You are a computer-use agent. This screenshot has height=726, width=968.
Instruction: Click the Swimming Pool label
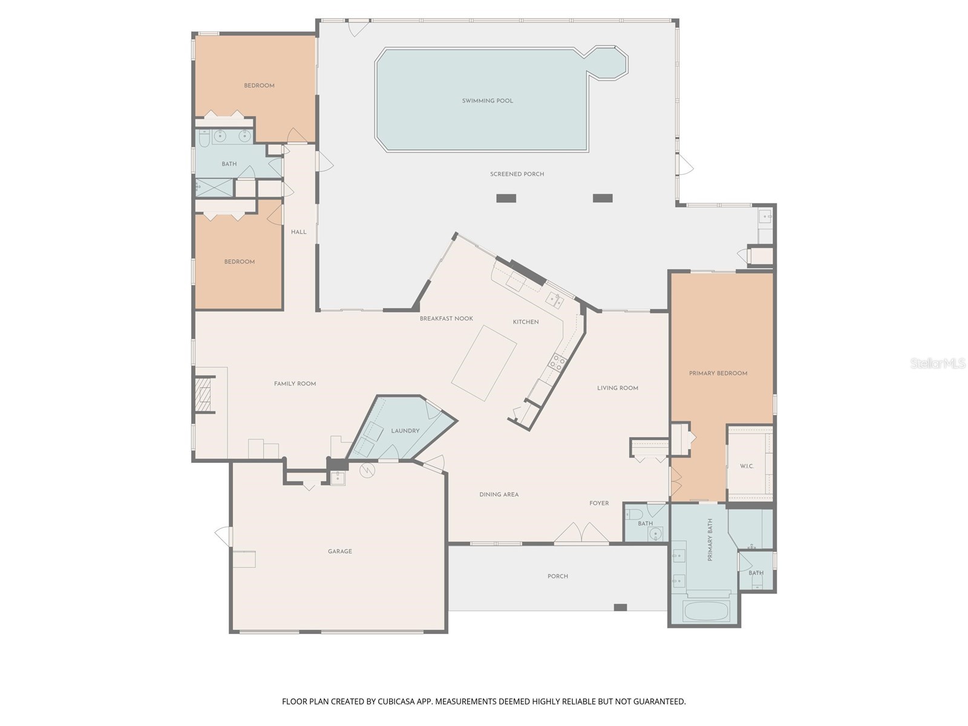point(487,101)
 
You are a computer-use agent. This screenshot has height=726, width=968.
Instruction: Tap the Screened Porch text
point(517,174)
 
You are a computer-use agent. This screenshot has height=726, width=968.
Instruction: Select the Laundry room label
point(405,431)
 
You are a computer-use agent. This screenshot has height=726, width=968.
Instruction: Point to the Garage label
point(340,551)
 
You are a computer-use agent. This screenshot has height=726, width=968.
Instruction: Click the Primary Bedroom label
point(718,373)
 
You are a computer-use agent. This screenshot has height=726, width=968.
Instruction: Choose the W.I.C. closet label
point(747,466)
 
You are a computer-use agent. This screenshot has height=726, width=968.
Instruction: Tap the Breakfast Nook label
point(446,319)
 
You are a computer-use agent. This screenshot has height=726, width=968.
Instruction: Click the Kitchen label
point(526,322)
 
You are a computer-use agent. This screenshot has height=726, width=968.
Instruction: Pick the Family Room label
point(295,384)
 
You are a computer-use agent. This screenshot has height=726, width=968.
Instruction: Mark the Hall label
point(298,232)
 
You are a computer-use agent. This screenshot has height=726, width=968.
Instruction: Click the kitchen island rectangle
point(484,363)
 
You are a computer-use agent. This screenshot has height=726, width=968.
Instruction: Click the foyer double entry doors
point(581,532)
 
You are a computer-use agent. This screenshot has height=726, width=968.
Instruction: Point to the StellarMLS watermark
point(938,363)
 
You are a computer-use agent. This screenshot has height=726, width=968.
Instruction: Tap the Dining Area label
point(499,494)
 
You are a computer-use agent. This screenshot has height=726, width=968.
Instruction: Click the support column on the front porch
point(620,607)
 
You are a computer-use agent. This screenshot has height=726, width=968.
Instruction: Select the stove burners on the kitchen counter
point(557,361)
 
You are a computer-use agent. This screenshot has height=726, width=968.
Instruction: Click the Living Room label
point(618,388)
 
